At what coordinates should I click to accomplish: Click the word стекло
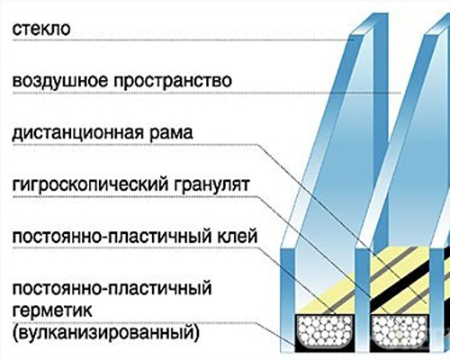click(x=41, y=29)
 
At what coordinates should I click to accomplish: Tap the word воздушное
click(x=59, y=81)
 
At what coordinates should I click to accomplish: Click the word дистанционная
click(x=77, y=133)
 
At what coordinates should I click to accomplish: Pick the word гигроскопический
click(x=90, y=184)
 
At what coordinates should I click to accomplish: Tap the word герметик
click(x=52, y=310)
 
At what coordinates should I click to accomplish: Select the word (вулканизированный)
click(x=105, y=332)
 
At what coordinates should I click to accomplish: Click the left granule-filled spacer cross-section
click(x=325, y=331)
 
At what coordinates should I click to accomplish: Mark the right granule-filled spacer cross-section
click(x=400, y=331)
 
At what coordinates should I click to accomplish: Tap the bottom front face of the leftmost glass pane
click(x=287, y=300)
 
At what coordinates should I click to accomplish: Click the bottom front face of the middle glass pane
click(x=363, y=300)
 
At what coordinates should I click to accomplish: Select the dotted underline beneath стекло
click(x=183, y=40)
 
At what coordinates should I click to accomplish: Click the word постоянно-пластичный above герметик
click(x=112, y=289)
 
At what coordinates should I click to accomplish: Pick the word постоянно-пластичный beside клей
click(x=111, y=237)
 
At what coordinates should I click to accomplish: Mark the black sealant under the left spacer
click(x=325, y=348)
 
